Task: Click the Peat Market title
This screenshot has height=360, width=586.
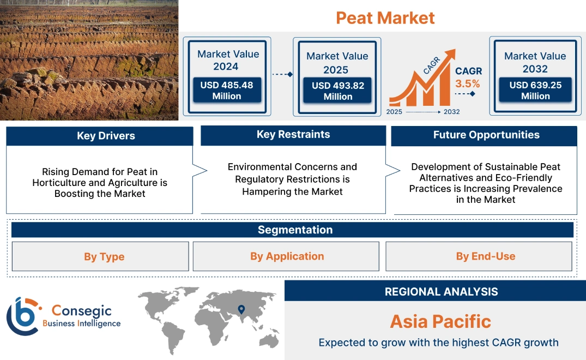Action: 385,17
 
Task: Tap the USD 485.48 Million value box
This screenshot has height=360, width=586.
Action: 226,91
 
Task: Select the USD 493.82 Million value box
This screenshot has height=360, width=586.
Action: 337,91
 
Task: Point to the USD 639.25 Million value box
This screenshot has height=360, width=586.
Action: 535,91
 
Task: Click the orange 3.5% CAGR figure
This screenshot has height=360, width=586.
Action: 468,83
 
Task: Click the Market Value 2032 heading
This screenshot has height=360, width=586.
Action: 535,62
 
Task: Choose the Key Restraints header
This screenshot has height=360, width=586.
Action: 293,135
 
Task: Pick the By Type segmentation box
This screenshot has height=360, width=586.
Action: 104,256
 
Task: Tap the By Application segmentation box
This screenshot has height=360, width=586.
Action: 287,256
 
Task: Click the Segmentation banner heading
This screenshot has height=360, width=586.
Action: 295,230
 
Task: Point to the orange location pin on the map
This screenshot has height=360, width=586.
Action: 240,310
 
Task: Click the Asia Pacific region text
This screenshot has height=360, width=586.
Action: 440,321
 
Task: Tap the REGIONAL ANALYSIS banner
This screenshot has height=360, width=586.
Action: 441,292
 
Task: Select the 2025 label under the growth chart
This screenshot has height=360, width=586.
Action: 395,112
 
